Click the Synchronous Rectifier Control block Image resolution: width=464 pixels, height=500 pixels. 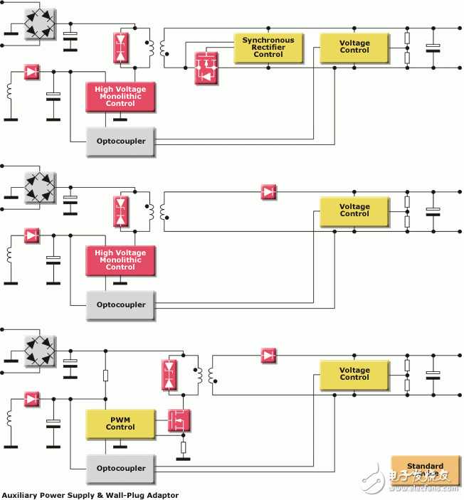click(x=268, y=48)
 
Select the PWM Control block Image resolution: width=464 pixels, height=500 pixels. click(x=120, y=424)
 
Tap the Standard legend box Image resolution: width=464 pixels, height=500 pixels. click(x=425, y=470)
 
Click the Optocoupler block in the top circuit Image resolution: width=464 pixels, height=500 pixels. click(x=120, y=141)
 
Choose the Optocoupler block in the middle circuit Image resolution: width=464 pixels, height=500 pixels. click(x=120, y=304)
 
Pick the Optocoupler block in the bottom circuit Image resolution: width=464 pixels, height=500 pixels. click(x=120, y=468)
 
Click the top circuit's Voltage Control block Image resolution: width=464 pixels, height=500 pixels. click(x=354, y=47)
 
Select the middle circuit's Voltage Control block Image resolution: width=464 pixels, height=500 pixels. click(x=354, y=211)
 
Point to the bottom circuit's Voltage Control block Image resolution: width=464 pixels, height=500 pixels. click(x=354, y=374)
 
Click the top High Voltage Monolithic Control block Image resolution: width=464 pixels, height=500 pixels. click(x=120, y=97)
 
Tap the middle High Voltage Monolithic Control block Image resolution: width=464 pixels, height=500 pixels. click(x=120, y=260)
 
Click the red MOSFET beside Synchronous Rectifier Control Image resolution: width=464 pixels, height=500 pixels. click(x=206, y=68)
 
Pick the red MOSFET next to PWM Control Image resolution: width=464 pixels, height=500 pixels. click(x=179, y=420)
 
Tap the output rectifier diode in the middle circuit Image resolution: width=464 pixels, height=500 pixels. click(x=268, y=192)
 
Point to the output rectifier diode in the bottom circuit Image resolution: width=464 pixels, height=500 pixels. click(x=268, y=355)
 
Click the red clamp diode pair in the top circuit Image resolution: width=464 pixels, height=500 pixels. click(x=121, y=48)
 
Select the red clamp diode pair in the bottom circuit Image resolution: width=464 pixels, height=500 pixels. click(x=169, y=375)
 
